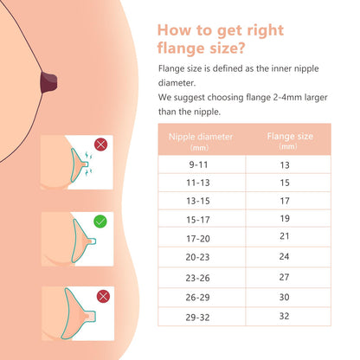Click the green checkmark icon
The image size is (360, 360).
tap(100, 222)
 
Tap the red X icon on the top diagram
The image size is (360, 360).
tap(100, 145)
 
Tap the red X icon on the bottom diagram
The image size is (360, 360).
tap(103, 296)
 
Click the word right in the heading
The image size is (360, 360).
tap(266, 30)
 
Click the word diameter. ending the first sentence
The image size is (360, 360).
tap(177, 83)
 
